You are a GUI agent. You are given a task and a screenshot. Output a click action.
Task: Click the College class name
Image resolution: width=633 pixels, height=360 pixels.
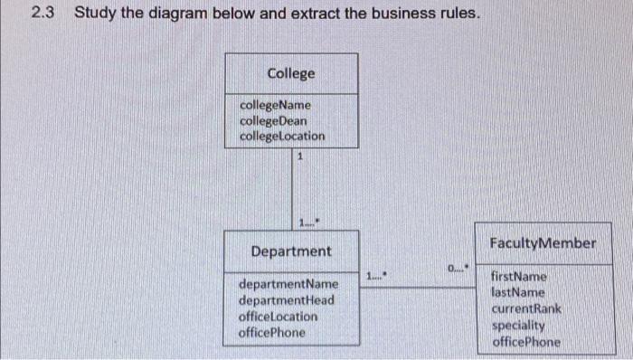click(291, 73)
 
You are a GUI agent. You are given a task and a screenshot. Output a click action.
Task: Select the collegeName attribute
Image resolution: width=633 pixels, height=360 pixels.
click(274, 105)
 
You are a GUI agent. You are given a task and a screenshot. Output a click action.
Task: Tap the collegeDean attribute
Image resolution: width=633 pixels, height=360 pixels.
click(273, 120)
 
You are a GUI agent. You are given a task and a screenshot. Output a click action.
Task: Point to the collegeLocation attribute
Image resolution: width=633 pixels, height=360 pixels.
click(282, 137)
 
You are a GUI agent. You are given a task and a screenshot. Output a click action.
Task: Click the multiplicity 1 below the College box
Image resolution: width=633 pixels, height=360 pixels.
click(299, 156)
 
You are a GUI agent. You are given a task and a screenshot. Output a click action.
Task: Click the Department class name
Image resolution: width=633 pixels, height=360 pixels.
click(291, 251)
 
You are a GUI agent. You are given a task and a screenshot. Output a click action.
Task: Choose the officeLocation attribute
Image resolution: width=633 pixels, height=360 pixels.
click(279, 317)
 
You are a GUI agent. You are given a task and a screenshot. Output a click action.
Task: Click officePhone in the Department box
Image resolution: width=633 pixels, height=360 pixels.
click(271, 332)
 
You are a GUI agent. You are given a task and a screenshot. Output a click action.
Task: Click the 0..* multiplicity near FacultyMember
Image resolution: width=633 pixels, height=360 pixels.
click(458, 269)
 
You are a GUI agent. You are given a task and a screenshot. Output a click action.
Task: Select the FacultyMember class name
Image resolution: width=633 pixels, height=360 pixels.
click(543, 243)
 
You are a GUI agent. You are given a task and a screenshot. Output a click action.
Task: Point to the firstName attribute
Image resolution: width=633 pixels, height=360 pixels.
click(518, 276)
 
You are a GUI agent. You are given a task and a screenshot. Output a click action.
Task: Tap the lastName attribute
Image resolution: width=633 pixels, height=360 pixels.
click(517, 292)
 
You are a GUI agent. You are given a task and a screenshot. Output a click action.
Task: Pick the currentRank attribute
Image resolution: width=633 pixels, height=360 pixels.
click(525, 308)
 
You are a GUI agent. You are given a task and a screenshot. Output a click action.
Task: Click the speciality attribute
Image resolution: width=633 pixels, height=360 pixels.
click(518, 325)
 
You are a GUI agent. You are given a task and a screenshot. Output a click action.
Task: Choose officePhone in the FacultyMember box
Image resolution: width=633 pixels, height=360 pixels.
click(525, 341)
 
